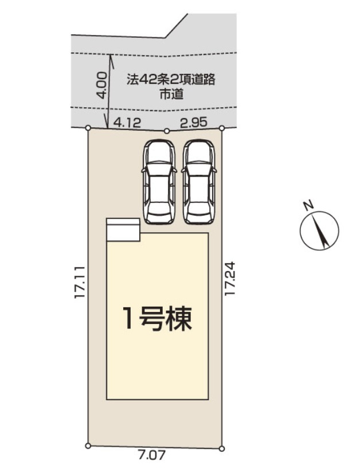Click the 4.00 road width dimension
[101, 86]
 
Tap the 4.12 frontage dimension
[127, 122]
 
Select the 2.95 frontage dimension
[194, 122]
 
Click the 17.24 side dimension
[230, 280]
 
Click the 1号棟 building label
[157, 318]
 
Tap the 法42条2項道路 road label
[171, 80]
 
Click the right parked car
[198, 181]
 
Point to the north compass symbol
[319, 231]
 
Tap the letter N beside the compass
[308, 205]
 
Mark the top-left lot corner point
[88, 128]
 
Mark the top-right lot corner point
[221, 127]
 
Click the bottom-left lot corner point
[87, 445]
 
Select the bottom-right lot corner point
[222, 448]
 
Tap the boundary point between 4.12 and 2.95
[166, 131]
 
